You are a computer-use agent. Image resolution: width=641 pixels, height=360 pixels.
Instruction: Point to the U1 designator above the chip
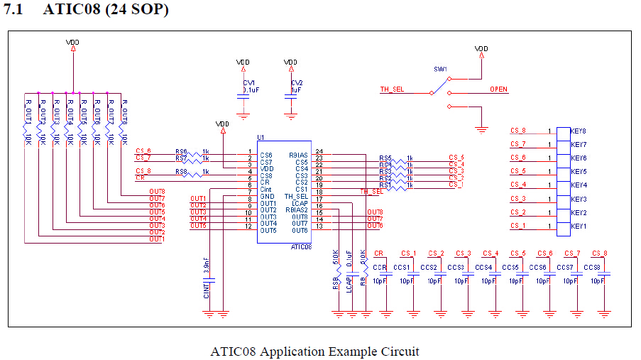261,137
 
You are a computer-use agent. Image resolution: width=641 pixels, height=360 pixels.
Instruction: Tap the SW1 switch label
441,69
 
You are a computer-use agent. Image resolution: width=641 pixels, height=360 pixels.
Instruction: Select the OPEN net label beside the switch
498,89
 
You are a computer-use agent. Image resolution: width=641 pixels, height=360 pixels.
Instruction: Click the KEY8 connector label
579,131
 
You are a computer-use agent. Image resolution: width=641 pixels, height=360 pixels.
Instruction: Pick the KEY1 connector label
579,226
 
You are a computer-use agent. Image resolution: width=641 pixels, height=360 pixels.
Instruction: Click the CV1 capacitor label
249,83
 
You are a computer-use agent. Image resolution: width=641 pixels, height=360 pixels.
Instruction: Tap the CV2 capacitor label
297,83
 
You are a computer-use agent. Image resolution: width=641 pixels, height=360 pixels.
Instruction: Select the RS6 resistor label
181,151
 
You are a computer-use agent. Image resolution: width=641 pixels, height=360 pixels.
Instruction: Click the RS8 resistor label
181,171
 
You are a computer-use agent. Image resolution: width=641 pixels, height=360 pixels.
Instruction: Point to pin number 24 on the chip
319,152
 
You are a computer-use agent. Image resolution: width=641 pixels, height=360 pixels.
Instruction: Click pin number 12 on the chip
248,227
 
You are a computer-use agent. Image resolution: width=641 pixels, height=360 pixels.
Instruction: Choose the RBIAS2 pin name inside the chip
296,210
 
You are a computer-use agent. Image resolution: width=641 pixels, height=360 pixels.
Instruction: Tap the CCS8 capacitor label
593,267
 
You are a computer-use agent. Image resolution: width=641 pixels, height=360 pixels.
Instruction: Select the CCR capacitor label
380,267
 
